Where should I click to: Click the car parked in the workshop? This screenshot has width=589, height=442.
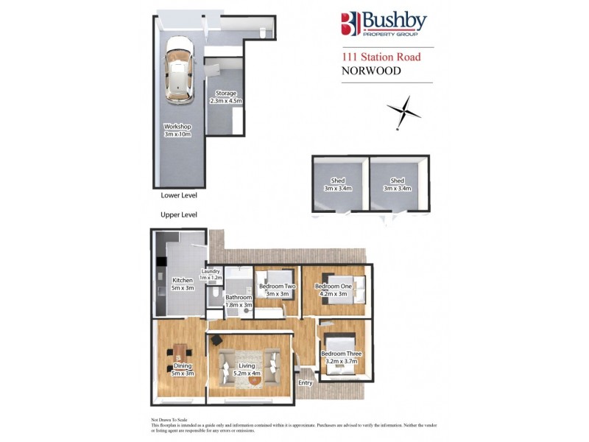click(x=178, y=71)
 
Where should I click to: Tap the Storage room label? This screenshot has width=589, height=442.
click(x=226, y=97)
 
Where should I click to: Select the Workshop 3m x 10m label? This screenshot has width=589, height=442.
click(x=177, y=130)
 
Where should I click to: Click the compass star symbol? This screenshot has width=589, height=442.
click(x=404, y=112)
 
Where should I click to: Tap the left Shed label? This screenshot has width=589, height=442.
click(x=339, y=184)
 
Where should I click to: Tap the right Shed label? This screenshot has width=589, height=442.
click(x=398, y=184)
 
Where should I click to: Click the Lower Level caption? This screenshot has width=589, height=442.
click(x=179, y=196)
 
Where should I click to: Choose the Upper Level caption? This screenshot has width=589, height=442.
click(x=179, y=215)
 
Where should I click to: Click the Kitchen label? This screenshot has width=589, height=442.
click(x=182, y=284)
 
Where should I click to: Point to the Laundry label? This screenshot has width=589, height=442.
click(x=211, y=274)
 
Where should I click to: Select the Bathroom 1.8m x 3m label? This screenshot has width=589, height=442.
click(x=239, y=301)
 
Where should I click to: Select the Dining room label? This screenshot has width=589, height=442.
click(x=182, y=369)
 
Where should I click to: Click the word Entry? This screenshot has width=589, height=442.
click(x=306, y=383)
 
